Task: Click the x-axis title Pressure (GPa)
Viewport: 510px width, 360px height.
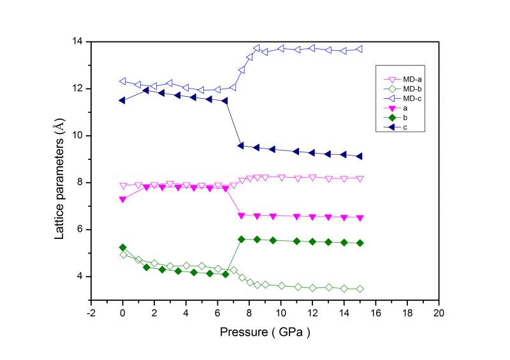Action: [264, 332]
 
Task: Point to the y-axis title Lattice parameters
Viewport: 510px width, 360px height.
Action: [59, 171]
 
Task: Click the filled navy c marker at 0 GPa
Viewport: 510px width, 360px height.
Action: [122, 100]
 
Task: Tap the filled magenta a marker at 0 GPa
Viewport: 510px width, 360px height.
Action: [122, 199]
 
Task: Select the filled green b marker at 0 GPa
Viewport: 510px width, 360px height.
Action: [122, 247]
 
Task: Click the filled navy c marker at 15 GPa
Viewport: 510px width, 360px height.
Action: [360, 156]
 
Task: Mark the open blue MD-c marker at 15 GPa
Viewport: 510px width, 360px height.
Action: [360, 49]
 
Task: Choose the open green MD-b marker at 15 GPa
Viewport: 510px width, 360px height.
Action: [360, 289]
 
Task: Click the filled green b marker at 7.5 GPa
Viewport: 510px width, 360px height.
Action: [241, 239]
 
